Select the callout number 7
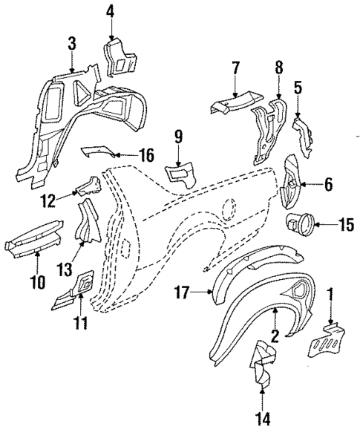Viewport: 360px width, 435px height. [x=235, y=68]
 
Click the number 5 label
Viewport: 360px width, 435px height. [x=298, y=87]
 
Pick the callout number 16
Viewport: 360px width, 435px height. [x=145, y=155]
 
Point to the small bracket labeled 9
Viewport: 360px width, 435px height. [x=181, y=175]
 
